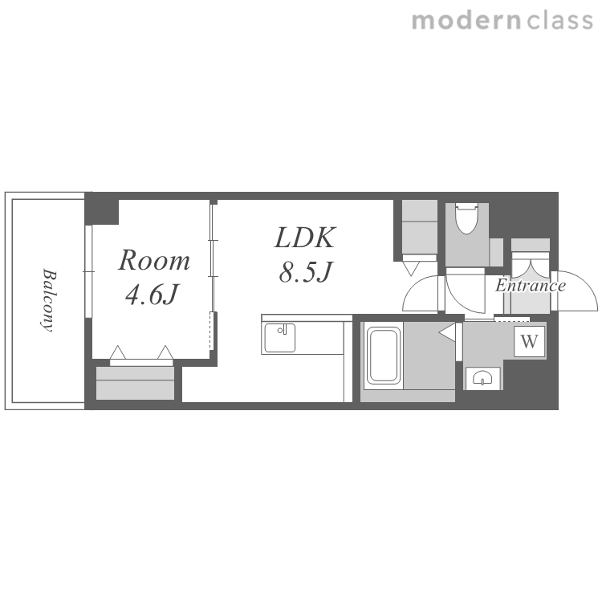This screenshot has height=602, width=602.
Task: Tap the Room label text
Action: tap(153, 260)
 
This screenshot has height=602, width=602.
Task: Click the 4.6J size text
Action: tap(152, 295)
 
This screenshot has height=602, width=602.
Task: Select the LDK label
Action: tap(305, 238)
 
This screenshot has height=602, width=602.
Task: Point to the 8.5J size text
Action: tap(305, 272)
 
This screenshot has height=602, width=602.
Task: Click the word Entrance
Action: tap(531, 286)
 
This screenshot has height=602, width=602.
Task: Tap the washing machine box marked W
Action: tap(530, 341)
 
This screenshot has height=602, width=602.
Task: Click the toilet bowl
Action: tap(466, 219)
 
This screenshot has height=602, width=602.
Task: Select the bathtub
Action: tap(383, 355)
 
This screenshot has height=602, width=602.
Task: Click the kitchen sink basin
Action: tap(280, 338)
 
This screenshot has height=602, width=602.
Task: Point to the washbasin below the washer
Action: tap(482, 379)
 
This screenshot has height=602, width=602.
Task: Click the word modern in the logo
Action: tap(466, 21)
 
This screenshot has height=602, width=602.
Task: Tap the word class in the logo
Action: tap(560, 21)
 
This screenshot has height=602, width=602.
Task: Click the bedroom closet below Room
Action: tap(135, 383)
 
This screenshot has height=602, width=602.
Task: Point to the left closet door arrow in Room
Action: tap(118, 352)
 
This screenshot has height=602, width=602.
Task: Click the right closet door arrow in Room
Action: tap(165, 352)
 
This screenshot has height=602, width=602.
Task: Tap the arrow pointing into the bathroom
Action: tap(447, 332)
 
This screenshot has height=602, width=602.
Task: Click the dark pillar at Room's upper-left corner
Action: tap(102, 209)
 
